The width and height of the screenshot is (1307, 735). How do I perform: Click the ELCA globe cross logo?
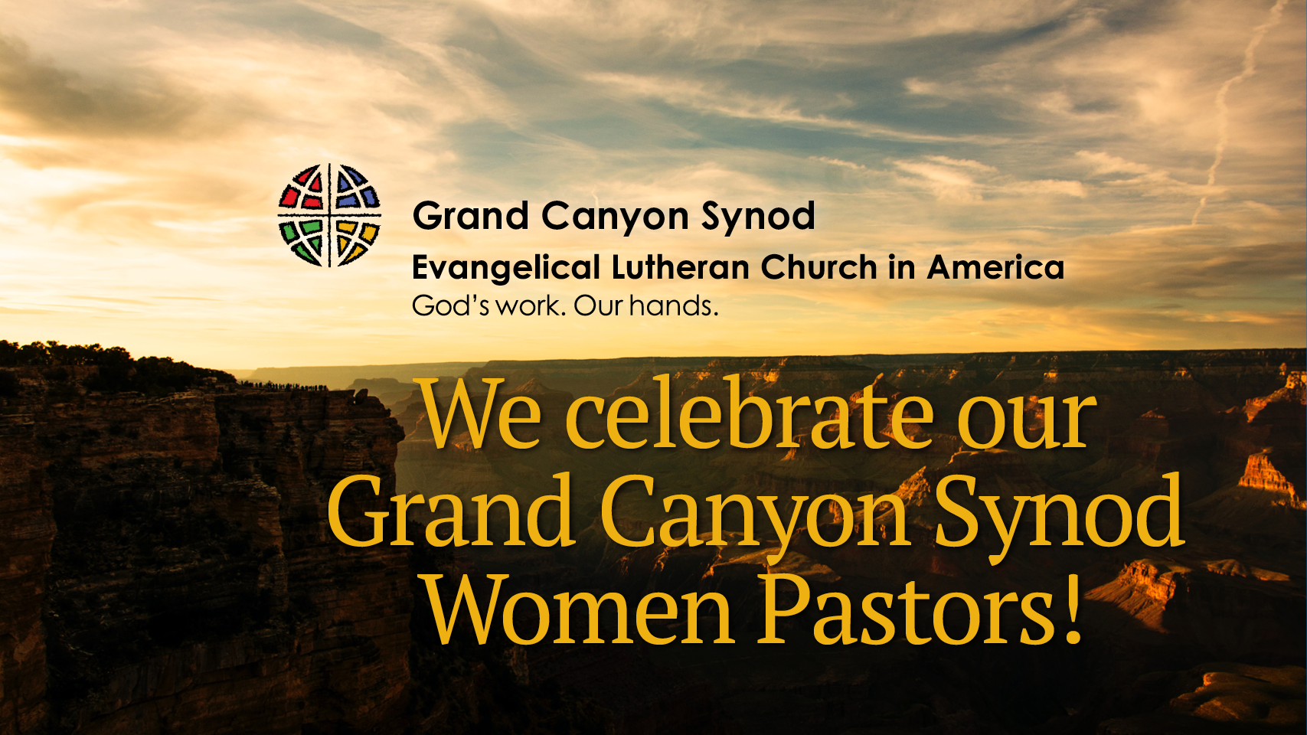click(329, 215)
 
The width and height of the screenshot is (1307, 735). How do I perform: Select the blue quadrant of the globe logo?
click(355, 191)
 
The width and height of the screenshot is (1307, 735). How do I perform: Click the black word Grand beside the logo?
click(470, 216)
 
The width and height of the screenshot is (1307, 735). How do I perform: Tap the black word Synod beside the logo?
click(758, 217)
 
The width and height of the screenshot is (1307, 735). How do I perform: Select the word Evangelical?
click(505, 269)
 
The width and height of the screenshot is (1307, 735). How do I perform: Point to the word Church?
click(818, 268)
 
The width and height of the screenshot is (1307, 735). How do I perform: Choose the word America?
click(995, 268)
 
